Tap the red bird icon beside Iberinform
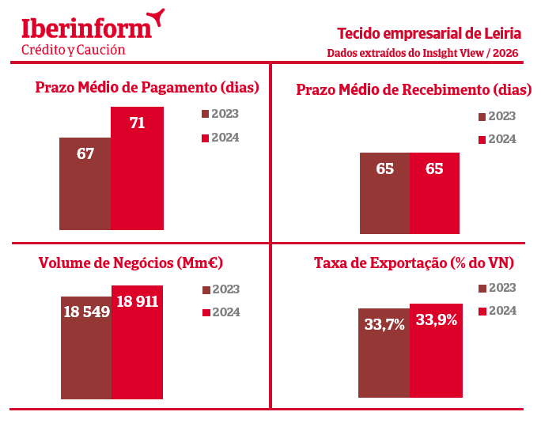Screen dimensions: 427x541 (x=157, y=16)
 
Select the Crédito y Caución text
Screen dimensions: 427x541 (x=73, y=50)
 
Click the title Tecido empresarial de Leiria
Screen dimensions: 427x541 (x=429, y=33)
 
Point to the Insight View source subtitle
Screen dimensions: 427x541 (x=424, y=53)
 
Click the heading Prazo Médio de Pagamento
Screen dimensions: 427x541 (x=147, y=87)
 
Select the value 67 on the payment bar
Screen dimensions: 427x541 (x=85, y=153)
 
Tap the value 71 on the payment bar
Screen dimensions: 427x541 (x=137, y=123)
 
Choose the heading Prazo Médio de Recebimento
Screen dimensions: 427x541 (x=414, y=89)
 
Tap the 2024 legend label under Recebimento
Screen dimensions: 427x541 (x=501, y=139)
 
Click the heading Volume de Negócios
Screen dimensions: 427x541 (x=131, y=263)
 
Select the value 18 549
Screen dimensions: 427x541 (x=86, y=312)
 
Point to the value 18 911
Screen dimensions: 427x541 (x=137, y=301)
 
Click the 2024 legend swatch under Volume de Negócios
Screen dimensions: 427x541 (x=206, y=312)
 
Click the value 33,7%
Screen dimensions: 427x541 (x=384, y=323)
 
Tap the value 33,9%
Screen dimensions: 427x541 (x=437, y=319)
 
